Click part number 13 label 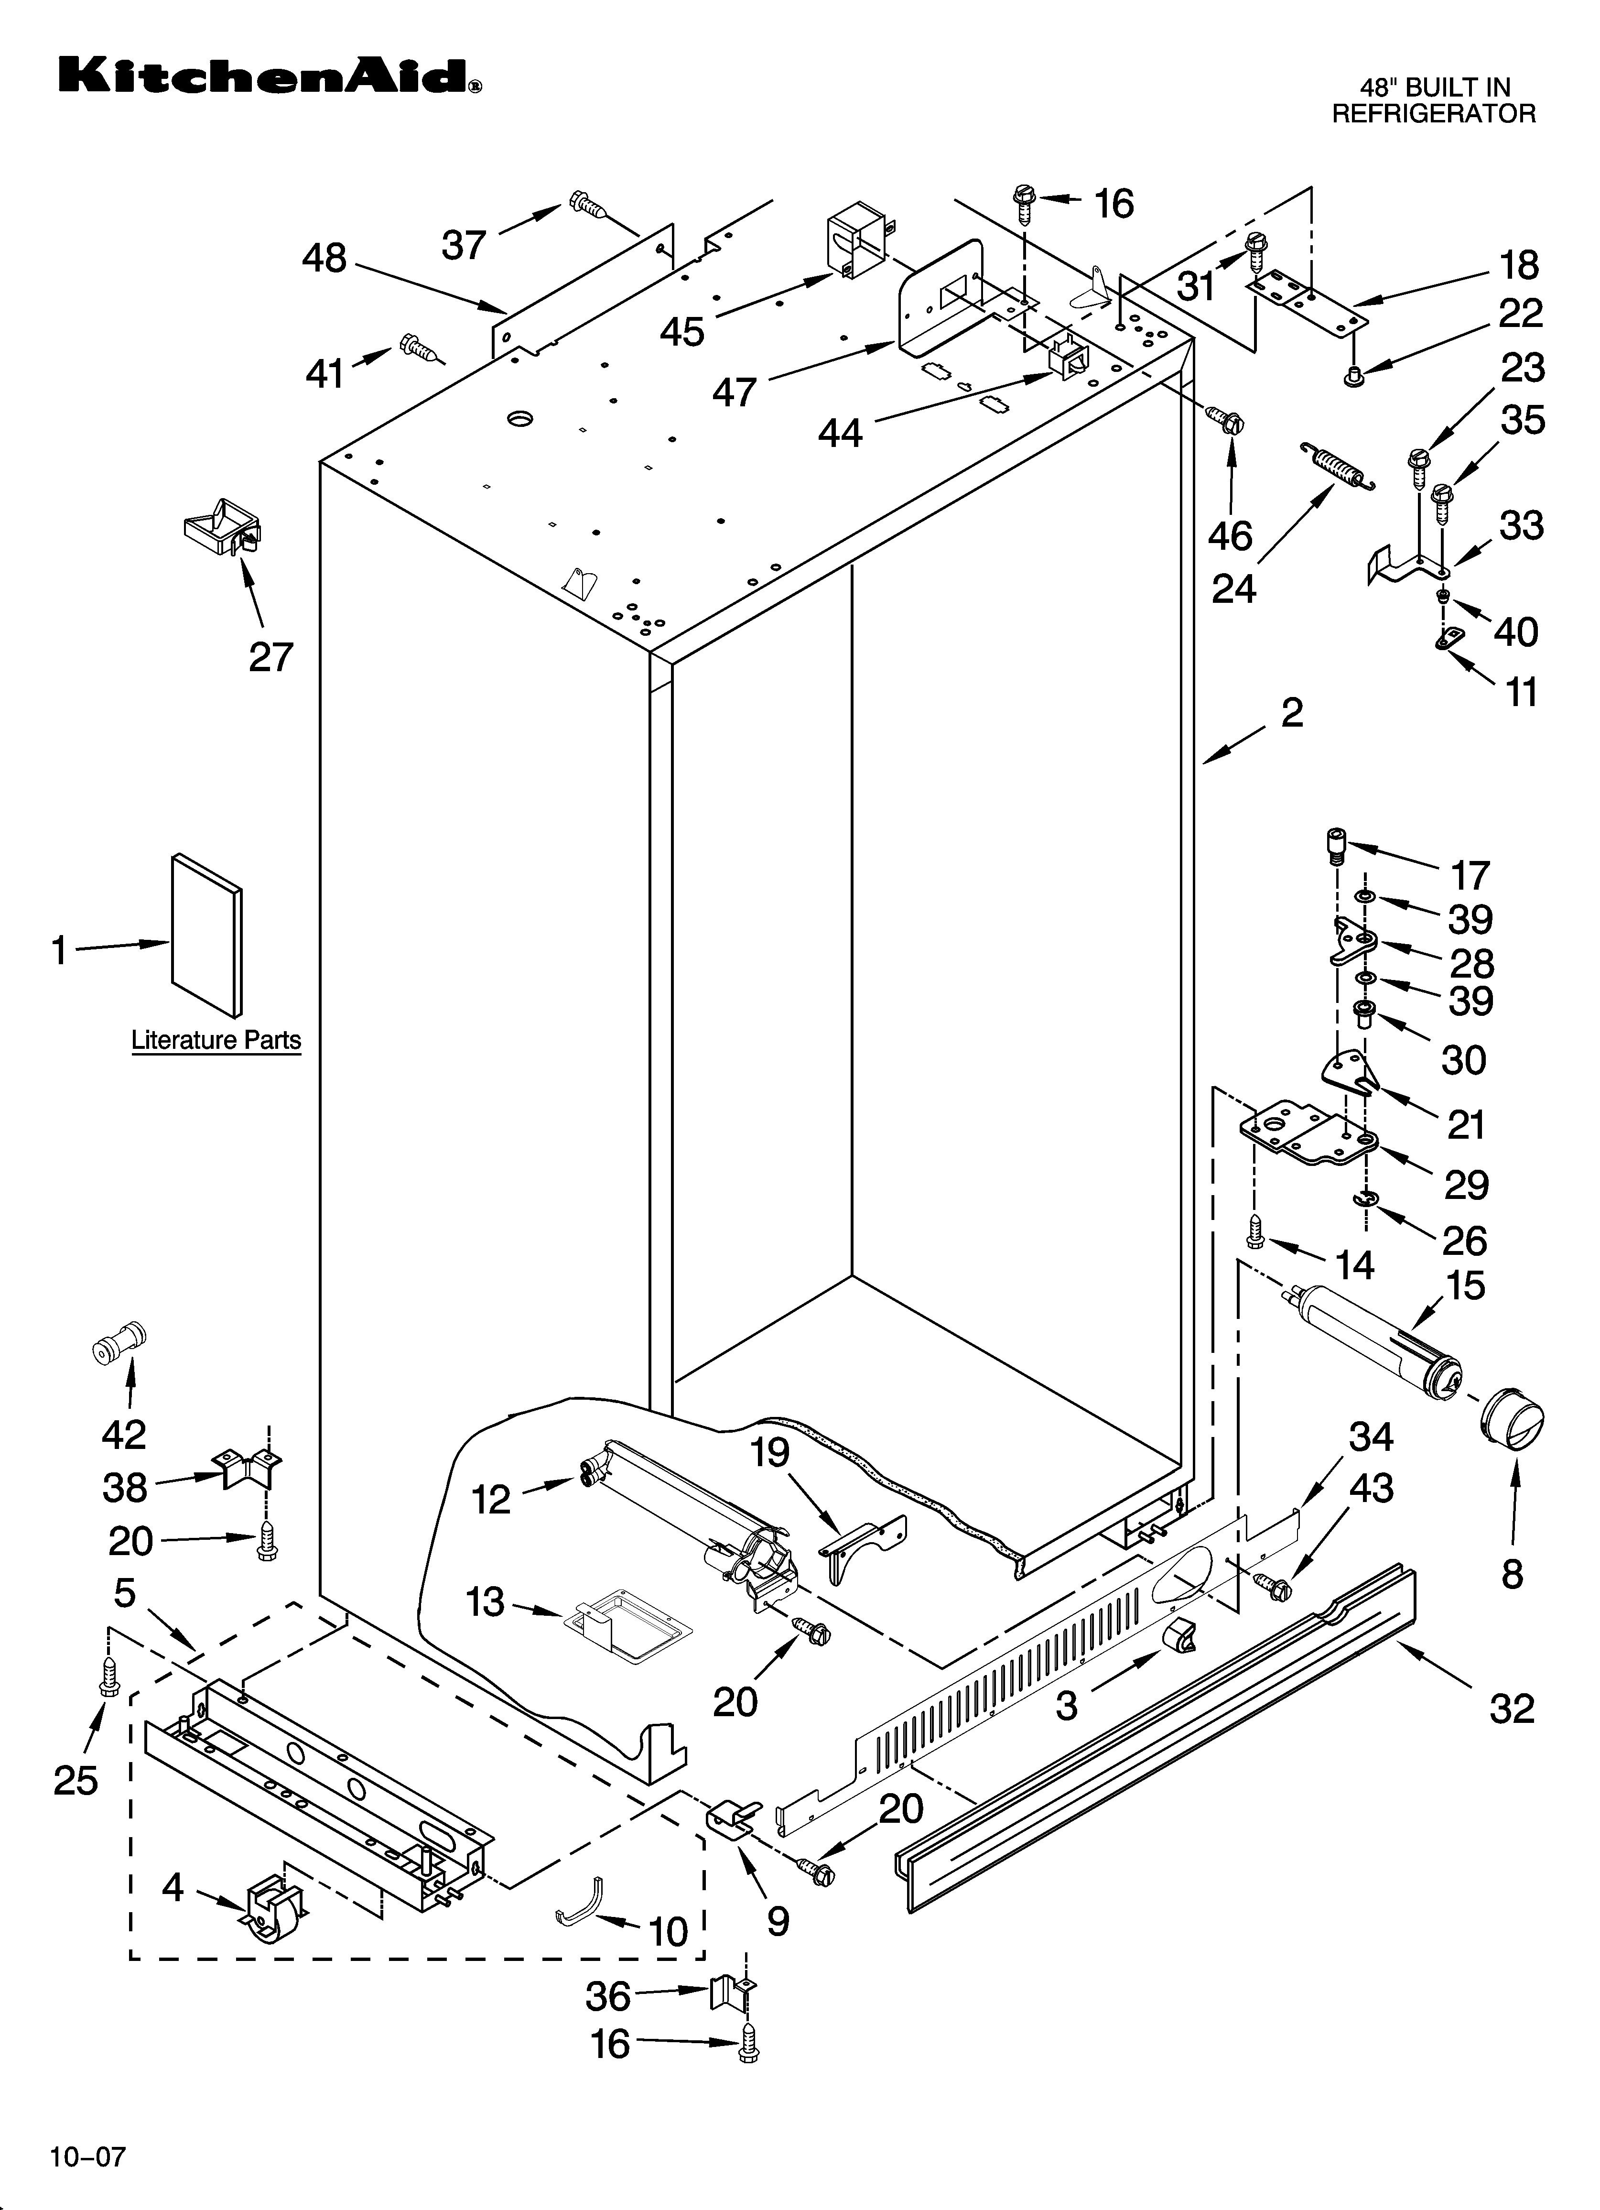(x=485, y=1601)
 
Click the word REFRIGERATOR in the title (x=1433, y=114)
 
